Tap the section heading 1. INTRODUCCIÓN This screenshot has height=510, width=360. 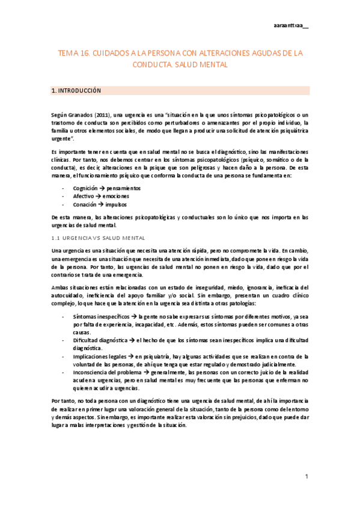[x=76, y=91]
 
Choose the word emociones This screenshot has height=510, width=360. [x=118, y=196]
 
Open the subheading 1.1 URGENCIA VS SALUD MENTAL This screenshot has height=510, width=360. [x=99, y=238]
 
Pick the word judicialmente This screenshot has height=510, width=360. [x=276, y=364]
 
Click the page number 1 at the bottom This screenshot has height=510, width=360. [x=307, y=477]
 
